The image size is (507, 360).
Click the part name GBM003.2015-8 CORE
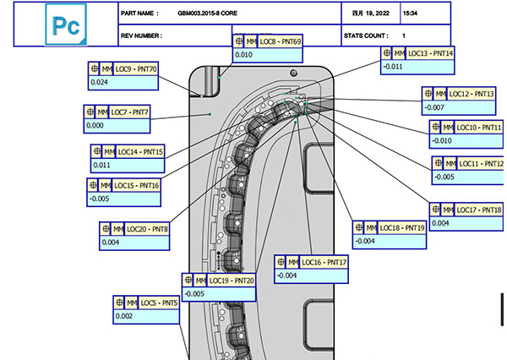pos(204,14)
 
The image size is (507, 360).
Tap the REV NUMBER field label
pos(143,35)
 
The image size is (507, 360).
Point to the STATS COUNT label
pos(366,35)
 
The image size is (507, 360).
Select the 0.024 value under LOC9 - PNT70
pos(99,82)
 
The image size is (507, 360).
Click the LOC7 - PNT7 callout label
pos(130,112)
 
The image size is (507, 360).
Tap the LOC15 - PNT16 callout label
pos(136,184)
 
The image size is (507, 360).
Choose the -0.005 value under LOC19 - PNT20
pos(194,293)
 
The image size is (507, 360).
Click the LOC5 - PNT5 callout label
pos(159,302)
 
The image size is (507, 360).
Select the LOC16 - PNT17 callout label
pos(324,262)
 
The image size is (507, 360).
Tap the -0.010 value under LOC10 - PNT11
pos(443,141)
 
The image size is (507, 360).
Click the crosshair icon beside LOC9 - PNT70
pos(95,68)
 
